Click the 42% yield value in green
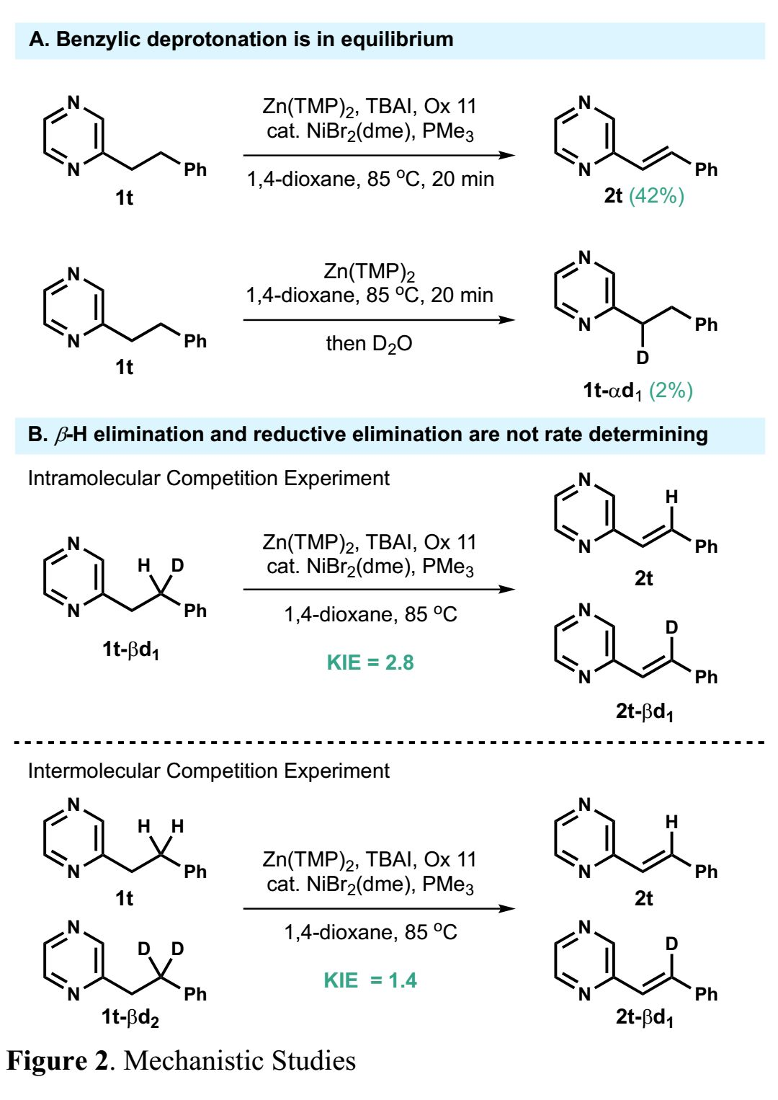point(656,196)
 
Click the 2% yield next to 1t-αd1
point(671,391)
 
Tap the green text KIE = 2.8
point(370,662)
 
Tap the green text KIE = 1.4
point(370,980)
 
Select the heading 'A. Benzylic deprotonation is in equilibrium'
point(241,40)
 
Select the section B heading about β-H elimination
point(367,435)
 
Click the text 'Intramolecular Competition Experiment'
point(208,479)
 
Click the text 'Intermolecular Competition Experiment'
point(208,771)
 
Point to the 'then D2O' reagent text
point(369,344)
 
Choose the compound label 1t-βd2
point(130,1017)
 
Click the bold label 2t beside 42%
point(613,196)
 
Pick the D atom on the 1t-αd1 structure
point(642,358)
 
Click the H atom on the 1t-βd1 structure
point(144,565)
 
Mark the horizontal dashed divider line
point(389,742)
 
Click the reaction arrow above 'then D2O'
point(380,320)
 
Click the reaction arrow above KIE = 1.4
point(380,909)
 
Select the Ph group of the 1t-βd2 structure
point(195,995)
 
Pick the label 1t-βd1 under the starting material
point(130,649)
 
